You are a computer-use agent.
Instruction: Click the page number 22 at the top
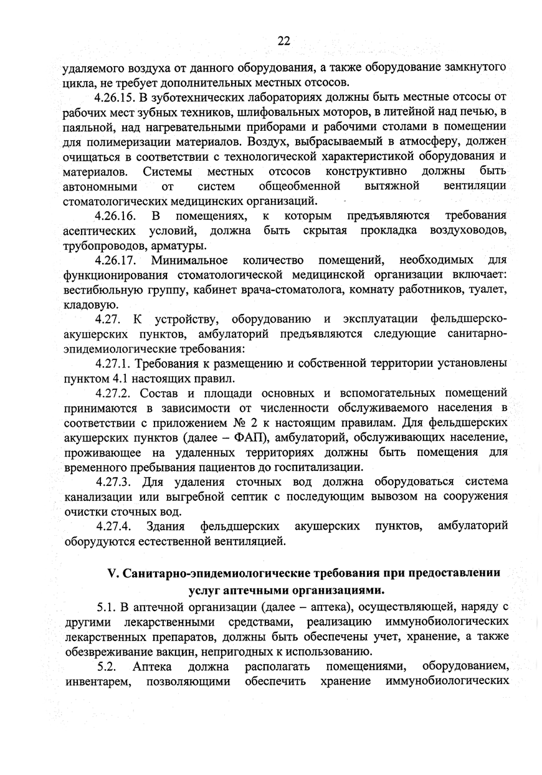[283, 41]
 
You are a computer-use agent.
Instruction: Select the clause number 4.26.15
[116, 97]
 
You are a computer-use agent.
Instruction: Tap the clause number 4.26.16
[116, 216]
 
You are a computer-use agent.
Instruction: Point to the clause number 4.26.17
[116, 259]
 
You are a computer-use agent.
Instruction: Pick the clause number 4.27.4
[114, 526]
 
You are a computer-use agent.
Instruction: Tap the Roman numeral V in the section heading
[112, 572]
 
